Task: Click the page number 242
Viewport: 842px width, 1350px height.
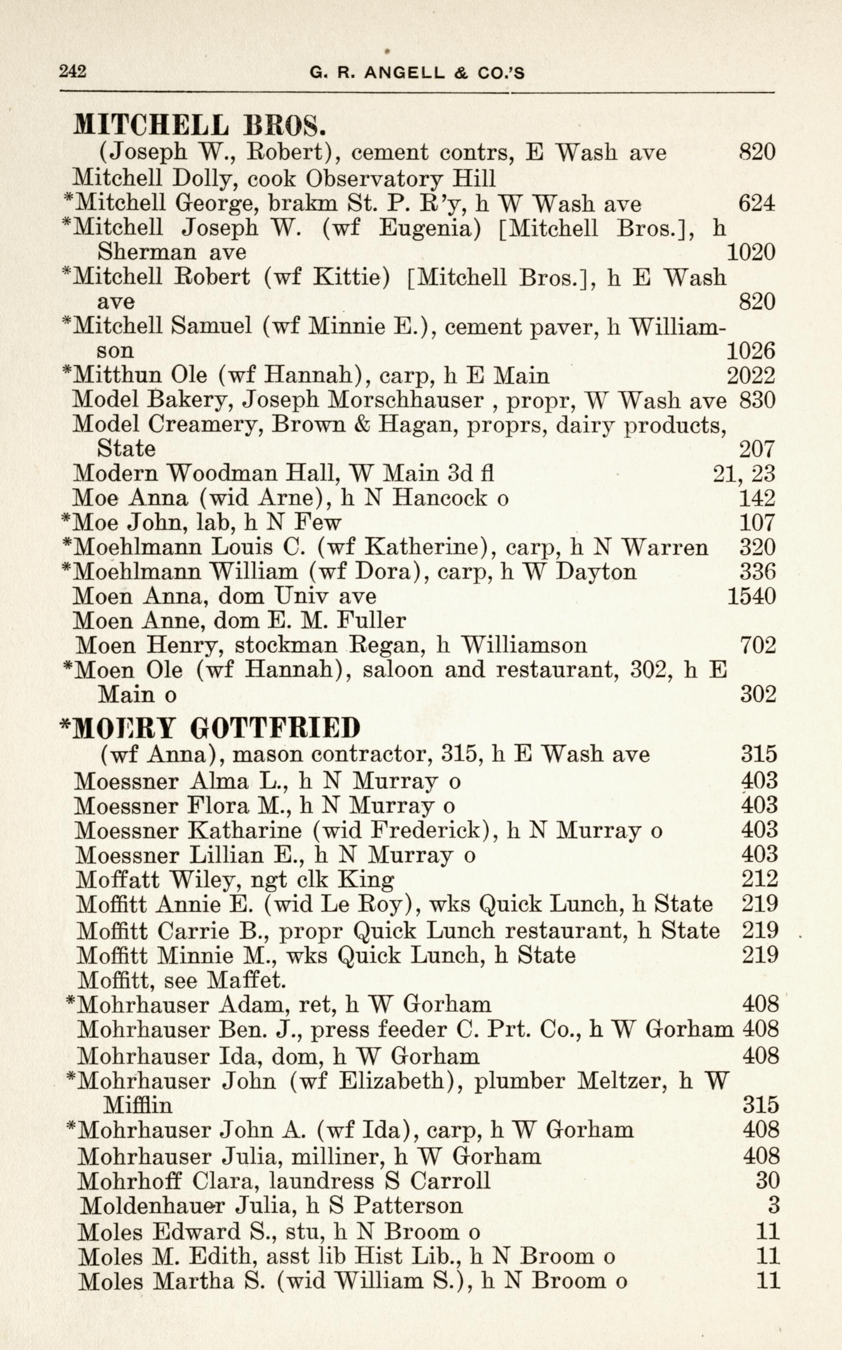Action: point(73,72)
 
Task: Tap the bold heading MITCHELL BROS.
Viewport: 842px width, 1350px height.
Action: point(199,125)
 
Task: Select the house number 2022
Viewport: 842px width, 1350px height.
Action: point(751,376)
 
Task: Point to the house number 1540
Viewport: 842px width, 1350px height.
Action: point(751,596)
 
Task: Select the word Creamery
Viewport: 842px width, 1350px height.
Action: point(203,425)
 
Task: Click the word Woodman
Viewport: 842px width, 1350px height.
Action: point(223,474)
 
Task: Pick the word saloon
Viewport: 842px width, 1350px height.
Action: point(397,669)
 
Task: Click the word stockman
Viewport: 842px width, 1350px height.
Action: point(285,645)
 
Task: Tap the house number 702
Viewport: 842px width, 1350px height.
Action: point(757,645)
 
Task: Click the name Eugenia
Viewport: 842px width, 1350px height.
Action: point(429,228)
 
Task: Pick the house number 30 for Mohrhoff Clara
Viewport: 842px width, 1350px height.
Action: point(767,1180)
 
